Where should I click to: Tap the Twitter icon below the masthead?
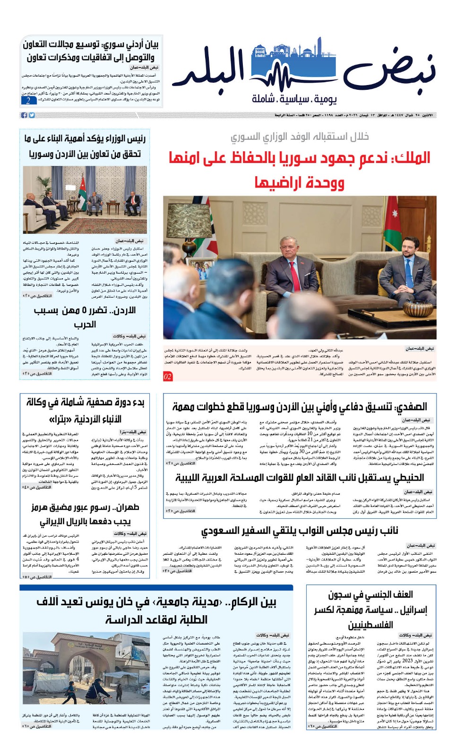click(x=32, y=115)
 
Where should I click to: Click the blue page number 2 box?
click(x=28, y=101)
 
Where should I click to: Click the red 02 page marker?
click(x=168, y=376)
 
